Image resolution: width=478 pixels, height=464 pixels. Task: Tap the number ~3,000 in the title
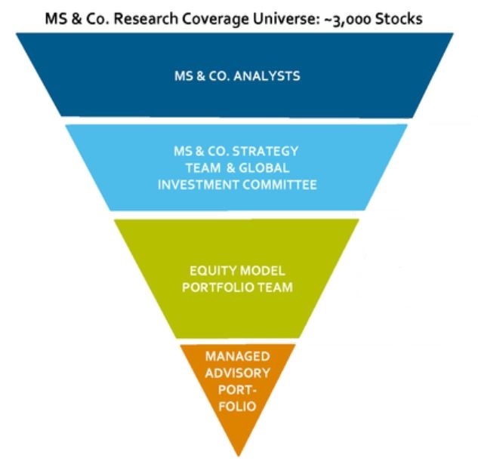click(365, 17)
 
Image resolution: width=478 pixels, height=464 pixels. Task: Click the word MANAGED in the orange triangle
click(238, 355)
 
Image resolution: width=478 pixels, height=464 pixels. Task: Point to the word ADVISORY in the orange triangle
click(238, 372)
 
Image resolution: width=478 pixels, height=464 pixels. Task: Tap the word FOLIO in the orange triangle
click(238, 407)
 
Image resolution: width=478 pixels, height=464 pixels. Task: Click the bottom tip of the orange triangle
click(239, 455)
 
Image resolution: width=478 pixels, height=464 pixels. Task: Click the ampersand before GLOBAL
click(232, 167)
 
